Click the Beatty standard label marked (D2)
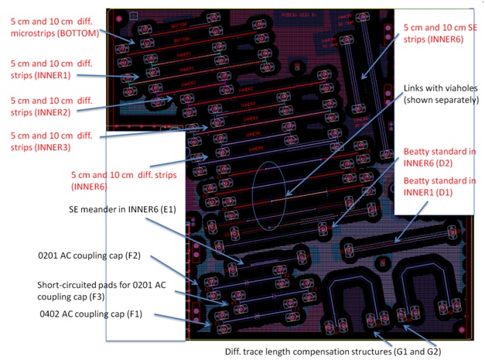[x=439, y=156]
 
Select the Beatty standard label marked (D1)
[x=439, y=186]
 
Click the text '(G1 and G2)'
[x=415, y=351]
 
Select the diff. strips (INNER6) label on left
[x=124, y=180]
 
